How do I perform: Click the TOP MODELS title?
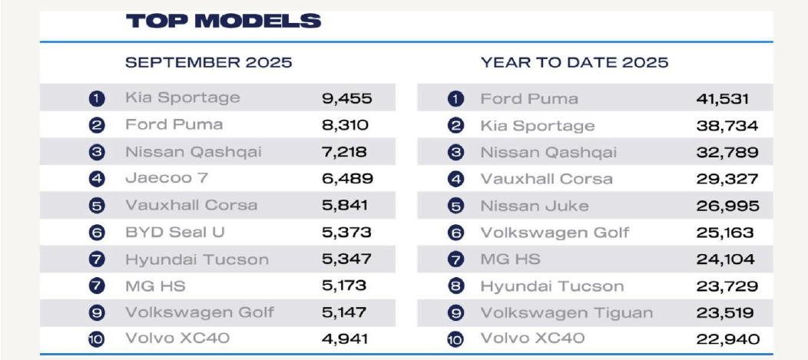coord(224,21)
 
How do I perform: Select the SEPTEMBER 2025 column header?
coord(209,62)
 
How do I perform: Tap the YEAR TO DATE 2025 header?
coord(575,62)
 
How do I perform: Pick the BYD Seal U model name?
coord(175,232)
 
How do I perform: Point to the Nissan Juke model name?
coord(535,206)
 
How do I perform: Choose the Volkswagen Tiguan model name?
coord(567,312)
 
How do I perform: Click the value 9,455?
coord(347,98)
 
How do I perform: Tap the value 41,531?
coord(723,99)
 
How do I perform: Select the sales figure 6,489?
coord(348,178)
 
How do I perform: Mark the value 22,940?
coord(727,339)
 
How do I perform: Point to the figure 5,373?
coord(347,232)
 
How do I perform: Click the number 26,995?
coord(727,206)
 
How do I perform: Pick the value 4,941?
coord(346,338)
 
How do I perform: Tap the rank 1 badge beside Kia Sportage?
coord(96,98)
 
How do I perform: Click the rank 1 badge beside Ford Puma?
coord(456,99)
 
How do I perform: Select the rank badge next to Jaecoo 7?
coord(96,179)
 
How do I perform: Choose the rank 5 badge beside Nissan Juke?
coord(456,206)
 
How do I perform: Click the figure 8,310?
coord(346,124)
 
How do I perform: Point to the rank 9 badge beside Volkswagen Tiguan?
coord(456,312)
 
